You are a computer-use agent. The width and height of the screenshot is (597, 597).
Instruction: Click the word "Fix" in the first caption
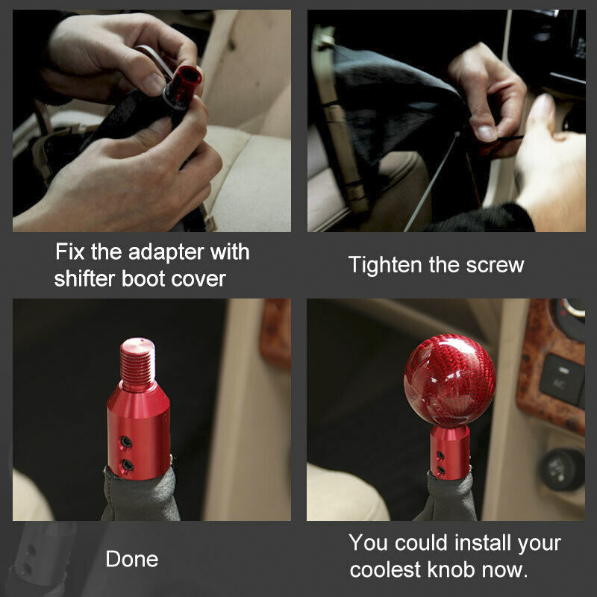coord(69,251)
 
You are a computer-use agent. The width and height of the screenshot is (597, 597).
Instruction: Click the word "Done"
coord(132,559)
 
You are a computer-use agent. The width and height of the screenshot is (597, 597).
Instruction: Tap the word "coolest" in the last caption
coord(385,569)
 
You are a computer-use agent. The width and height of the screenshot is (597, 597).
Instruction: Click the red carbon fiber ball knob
coord(450,381)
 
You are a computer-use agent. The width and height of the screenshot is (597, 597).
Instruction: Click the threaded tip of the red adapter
coord(138,363)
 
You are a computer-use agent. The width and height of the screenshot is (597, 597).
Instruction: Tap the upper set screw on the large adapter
coord(126,442)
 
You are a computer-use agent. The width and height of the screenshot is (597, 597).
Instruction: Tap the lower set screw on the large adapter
coord(127,465)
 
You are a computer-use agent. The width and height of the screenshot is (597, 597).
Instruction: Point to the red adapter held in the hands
coord(183,87)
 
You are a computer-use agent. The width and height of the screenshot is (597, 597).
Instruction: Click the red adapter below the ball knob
coord(450,452)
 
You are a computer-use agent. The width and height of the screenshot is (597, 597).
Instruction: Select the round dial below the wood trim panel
coord(562,469)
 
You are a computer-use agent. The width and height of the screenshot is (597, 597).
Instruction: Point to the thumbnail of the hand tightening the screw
coord(446,121)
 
